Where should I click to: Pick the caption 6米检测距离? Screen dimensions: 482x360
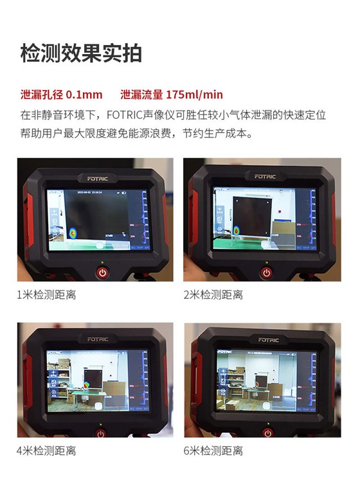point(213,451)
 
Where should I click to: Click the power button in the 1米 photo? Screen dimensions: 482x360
point(102,272)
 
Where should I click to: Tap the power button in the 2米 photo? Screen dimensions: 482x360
point(266,272)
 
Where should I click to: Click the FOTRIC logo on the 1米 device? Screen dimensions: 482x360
point(98,178)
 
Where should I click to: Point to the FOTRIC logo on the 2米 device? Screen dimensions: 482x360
point(265,176)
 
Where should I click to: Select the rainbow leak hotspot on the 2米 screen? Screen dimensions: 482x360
point(236,229)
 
